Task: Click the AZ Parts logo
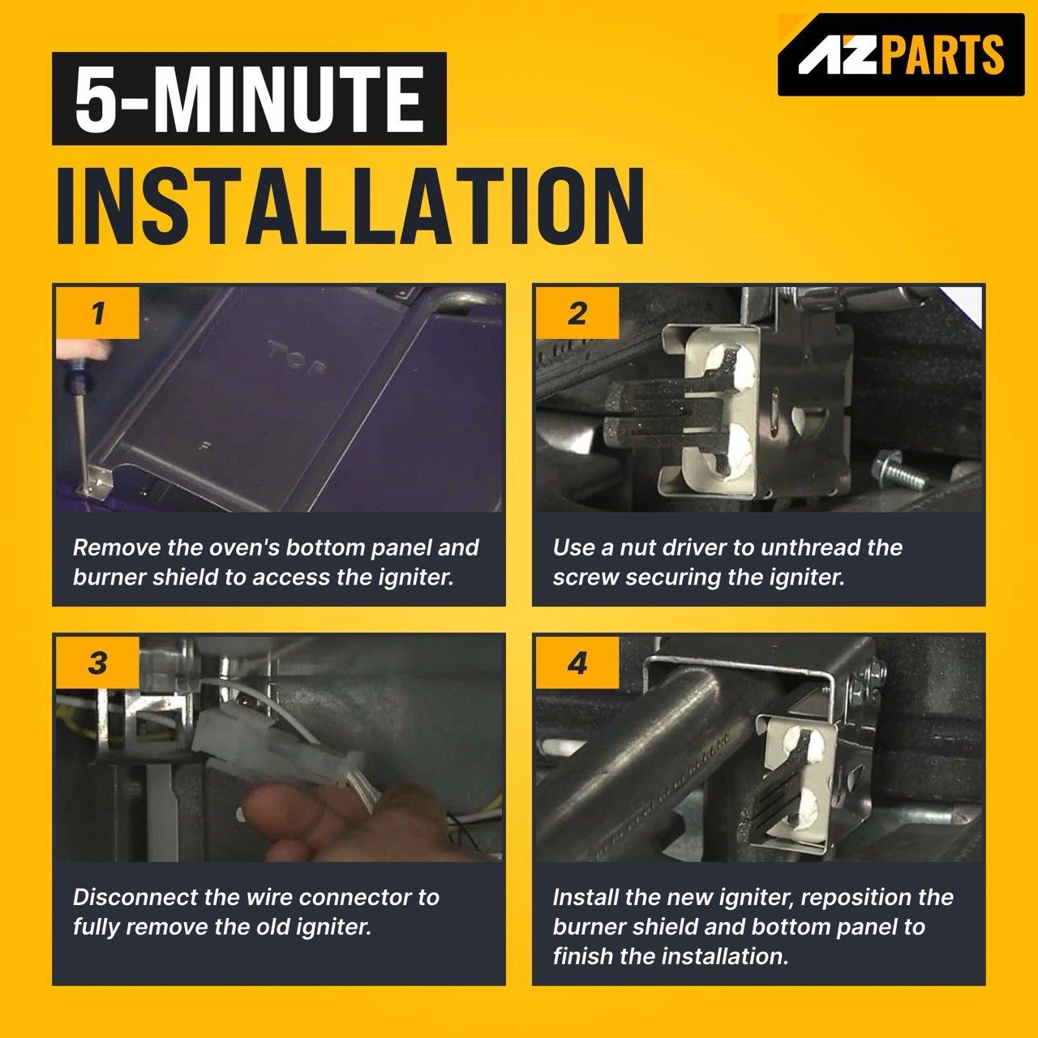tap(901, 54)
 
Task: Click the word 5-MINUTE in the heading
tap(249, 99)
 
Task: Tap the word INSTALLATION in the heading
tap(350, 206)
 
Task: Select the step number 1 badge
tap(97, 313)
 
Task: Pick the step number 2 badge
tap(577, 313)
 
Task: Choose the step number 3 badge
tap(97, 663)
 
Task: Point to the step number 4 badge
tap(577, 663)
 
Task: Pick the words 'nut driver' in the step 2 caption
tap(673, 547)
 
